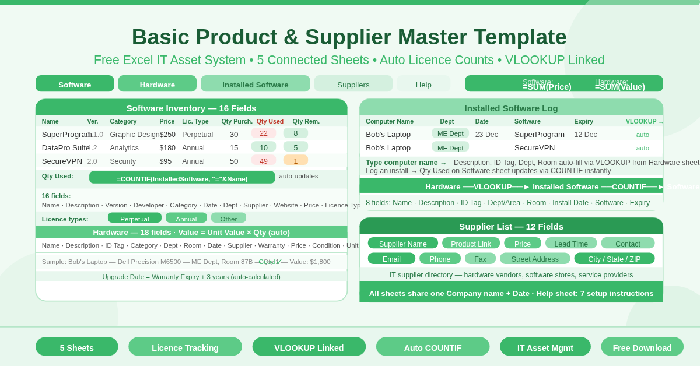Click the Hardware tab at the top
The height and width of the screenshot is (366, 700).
(x=157, y=84)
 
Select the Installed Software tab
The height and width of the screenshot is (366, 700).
(x=255, y=84)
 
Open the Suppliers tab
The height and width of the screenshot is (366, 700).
(x=353, y=84)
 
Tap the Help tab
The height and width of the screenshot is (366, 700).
(x=423, y=84)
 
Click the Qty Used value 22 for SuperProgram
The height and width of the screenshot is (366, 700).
(x=264, y=133)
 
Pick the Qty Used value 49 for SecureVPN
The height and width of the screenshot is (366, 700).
(x=264, y=161)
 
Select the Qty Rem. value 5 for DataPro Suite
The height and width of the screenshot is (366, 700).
(x=296, y=147)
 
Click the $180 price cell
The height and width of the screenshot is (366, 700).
(x=167, y=147)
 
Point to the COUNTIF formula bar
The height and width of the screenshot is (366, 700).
(x=182, y=178)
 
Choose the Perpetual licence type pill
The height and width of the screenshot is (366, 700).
(x=135, y=219)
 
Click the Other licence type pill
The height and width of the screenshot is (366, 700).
(x=229, y=219)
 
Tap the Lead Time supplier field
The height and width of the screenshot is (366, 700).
(x=571, y=244)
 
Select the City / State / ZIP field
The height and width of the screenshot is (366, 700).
(x=614, y=259)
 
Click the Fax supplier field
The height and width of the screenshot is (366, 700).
(x=480, y=259)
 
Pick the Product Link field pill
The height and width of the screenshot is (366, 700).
(x=471, y=244)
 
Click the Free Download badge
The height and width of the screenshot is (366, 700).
(x=642, y=347)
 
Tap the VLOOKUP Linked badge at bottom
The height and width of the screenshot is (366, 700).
(x=309, y=347)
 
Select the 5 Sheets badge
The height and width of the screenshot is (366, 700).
(x=76, y=347)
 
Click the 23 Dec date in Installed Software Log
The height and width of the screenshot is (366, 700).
(x=487, y=134)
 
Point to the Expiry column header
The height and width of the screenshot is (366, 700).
(x=583, y=121)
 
